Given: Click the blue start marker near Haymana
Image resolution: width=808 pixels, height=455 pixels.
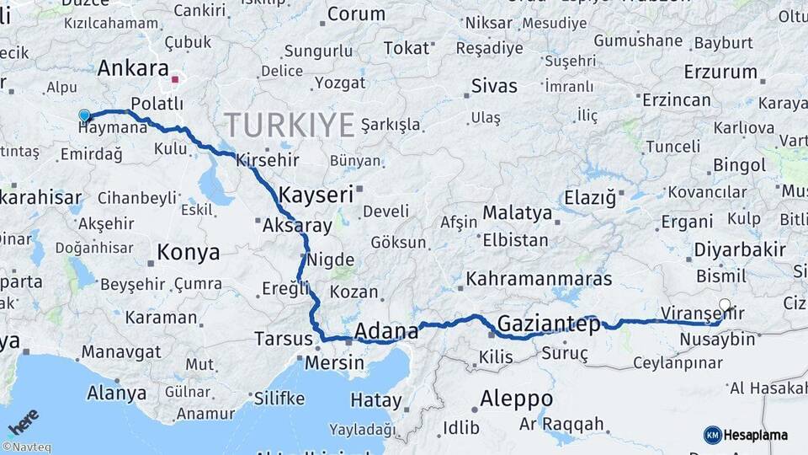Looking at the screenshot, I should pos(84,115).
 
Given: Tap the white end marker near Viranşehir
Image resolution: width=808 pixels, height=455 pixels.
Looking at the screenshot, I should pos(725,305).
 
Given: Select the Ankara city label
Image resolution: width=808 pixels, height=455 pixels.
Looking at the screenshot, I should pos(133,68).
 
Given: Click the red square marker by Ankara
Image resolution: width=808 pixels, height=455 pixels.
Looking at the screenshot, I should pos(175,80).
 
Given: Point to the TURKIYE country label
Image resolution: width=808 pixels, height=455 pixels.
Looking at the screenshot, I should pos(290,126).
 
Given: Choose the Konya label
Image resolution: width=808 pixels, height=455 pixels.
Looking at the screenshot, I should pos(189,251).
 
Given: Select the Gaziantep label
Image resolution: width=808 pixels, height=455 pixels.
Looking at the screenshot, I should pos(548,324).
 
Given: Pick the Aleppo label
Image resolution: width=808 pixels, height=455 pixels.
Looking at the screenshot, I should pos(516,399).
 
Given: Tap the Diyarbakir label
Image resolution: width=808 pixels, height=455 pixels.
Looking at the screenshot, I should pos(740,249).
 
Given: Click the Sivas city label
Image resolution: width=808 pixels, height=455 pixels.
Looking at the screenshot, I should pos(494,86).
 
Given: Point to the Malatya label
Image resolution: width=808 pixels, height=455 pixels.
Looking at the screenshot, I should pos(517,212).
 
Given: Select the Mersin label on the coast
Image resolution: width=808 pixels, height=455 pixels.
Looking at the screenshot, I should pos(334,364).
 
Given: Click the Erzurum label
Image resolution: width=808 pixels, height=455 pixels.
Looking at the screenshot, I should pos(720,72).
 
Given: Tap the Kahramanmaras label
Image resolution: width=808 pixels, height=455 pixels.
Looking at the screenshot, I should pos(539,278).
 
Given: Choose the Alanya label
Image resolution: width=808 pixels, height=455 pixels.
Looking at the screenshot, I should pos(116,393).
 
